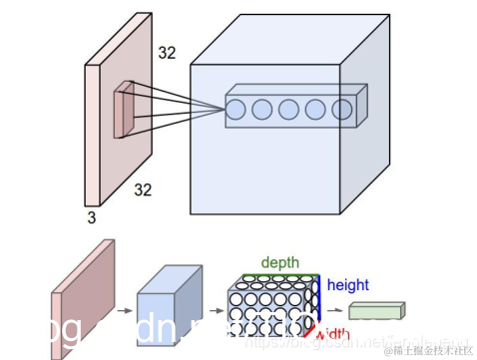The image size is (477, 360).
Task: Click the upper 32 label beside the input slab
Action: click(166, 53)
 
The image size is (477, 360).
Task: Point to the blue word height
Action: click(347, 285)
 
